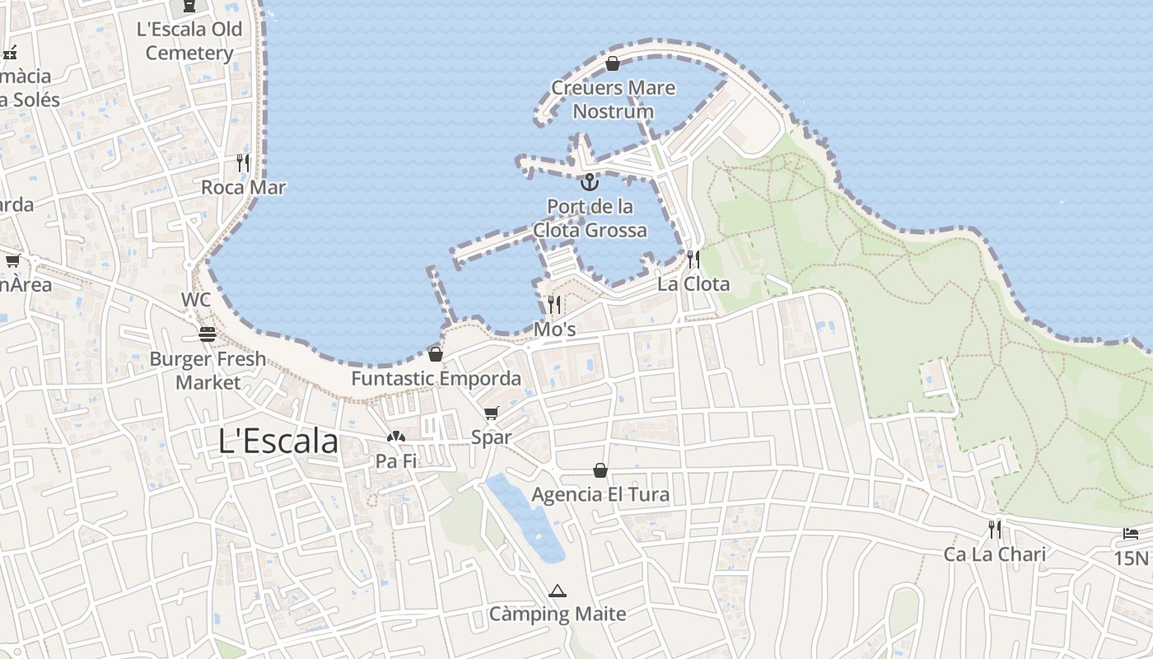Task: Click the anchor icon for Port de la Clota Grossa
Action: (x=589, y=182)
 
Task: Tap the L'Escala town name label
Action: (x=278, y=442)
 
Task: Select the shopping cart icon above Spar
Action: (x=492, y=414)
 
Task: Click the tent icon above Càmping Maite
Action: (x=558, y=591)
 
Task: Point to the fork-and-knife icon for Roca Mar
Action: (x=243, y=162)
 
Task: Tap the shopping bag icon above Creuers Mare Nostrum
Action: (x=613, y=63)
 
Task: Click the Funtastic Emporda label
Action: (x=436, y=378)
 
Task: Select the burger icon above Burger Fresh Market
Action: (x=208, y=334)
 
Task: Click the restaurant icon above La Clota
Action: (x=693, y=260)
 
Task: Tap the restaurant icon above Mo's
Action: (x=554, y=305)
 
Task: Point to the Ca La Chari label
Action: (x=994, y=554)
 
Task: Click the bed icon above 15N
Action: (x=1131, y=534)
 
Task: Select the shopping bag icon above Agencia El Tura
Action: (x=600, y=470)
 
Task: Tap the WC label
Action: (x=197, y=299)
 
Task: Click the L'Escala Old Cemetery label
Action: (x=189, y=41)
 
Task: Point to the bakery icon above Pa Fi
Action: (x=396, y=437)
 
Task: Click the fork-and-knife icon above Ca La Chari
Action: (x=995, y=529)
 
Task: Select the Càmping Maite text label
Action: (x=558, y=614)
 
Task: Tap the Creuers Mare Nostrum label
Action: (x=613, y=100)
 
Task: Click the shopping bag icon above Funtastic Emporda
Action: (x=436, y=354)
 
